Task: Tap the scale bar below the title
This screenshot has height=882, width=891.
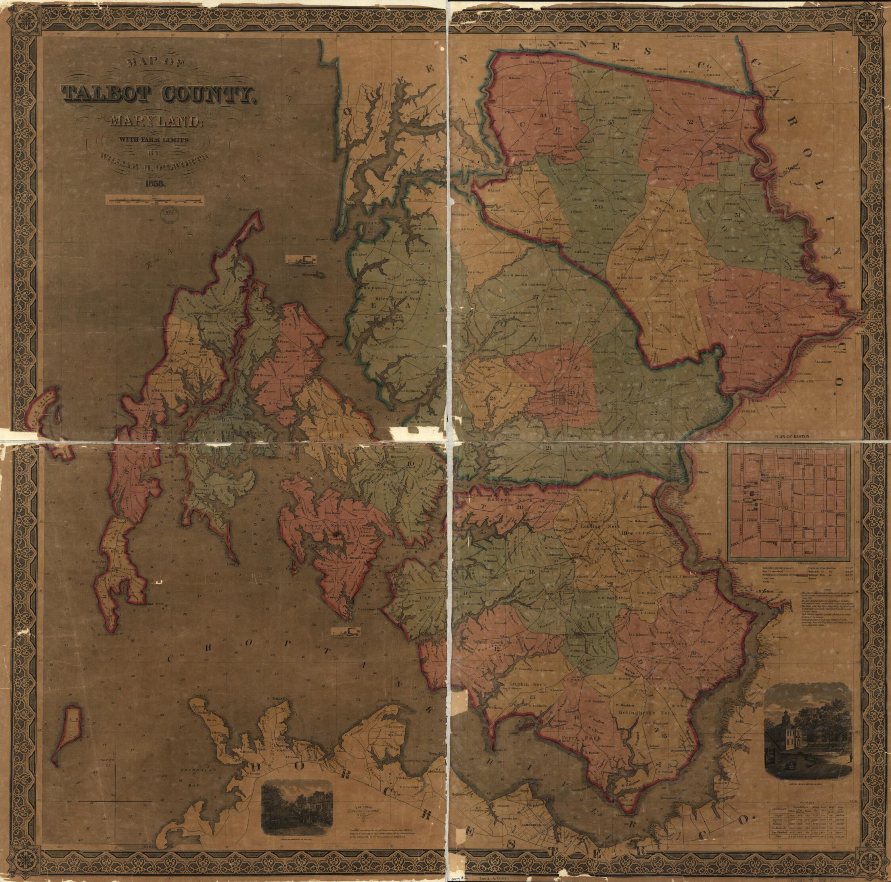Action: click(155, 200)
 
